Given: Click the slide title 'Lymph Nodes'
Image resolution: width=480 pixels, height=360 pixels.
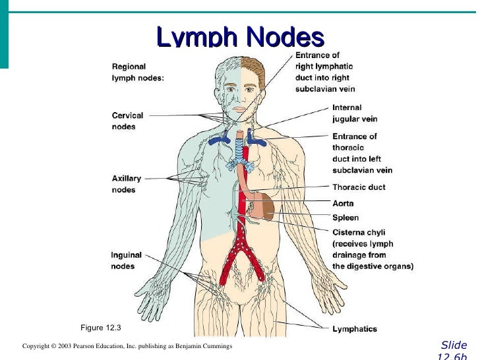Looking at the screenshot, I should pos(241,37).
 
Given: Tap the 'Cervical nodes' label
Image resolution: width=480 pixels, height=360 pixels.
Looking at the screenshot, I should pos(127,121).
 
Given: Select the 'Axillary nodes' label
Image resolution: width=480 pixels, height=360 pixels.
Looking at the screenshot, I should pos(126,184).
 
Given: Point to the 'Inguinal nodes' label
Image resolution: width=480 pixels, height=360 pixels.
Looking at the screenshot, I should pos(126,260).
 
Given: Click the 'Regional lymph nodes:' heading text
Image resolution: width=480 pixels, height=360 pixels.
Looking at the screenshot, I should pos(138,72).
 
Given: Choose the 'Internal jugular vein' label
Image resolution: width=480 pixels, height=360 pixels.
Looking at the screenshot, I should pos(356,113).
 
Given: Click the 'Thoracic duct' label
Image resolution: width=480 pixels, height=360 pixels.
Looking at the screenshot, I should pos(359,187).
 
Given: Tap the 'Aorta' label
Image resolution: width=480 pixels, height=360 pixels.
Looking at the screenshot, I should pos(343,204).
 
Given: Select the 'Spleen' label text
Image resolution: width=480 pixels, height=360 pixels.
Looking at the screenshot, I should pos(345,218).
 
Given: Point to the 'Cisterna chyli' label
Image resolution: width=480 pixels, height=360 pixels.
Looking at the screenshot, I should pos(359,232).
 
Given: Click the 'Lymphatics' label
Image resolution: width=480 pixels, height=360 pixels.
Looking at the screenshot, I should pos(355,329).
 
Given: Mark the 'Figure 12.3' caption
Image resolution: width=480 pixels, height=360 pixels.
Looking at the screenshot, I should pos(100,328).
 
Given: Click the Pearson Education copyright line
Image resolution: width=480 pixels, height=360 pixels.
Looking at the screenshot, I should pos(127,346).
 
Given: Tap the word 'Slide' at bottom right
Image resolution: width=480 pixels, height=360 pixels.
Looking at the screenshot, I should pos(454,345).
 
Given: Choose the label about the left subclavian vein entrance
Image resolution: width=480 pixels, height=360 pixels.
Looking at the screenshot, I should pos(362,153).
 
